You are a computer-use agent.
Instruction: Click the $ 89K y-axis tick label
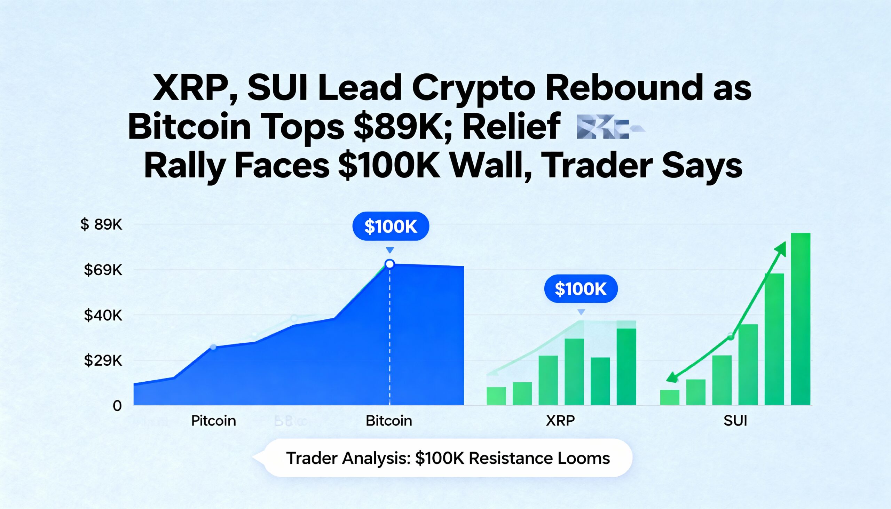(x=101, y=224)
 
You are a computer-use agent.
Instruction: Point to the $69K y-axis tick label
(x=103, y=270)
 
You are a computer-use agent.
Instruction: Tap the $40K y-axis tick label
(x=103, y=315)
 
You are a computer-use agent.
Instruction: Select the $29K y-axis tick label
(x=103, y=360)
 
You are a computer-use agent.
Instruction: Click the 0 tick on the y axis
(x=117, y=406)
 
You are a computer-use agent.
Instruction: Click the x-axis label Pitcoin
(x=213, y=421)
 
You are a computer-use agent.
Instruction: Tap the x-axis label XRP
(x=560, y=421)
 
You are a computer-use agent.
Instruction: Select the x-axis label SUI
(x=735, y=421)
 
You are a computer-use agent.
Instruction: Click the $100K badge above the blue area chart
(x=391, y=226)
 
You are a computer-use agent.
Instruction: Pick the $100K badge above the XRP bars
(x=581, y=289)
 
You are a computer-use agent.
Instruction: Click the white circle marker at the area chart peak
(x=389, y=264)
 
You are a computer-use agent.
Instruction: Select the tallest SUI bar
(x=800, y=319)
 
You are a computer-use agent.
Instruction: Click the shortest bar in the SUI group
(x=670, y=397)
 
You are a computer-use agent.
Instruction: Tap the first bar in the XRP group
(x=496, y=396)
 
